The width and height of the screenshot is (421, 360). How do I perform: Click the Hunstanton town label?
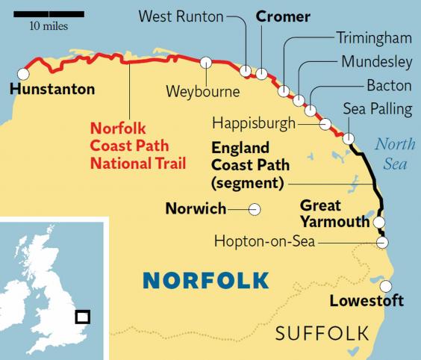coord(52,90)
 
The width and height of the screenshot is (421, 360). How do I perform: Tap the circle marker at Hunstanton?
coord(23,74)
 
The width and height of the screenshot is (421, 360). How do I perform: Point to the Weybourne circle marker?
coord(206,63)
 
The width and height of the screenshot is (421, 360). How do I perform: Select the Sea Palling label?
coord(377,110)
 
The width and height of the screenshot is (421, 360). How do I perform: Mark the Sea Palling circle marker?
coord(348,138)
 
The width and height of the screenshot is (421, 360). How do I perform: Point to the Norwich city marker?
coord(254,210)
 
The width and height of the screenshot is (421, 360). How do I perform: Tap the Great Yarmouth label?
coord(334,214)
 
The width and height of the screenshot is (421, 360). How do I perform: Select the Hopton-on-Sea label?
coord(274,240)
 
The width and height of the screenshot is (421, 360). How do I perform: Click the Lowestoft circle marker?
coord(386,286)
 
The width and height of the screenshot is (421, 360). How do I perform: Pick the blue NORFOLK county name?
coord(205,280)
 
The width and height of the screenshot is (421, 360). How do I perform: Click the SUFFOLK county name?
coord(322,332)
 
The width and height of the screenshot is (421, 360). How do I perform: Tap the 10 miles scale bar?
coord(47,13)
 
